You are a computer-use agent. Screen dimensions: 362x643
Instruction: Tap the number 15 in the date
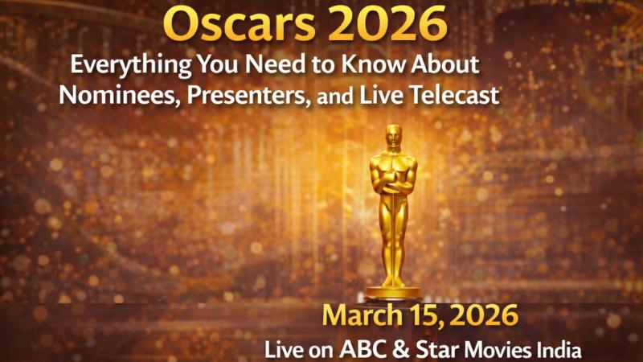tap(423, 316)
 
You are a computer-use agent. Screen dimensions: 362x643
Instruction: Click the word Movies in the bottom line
tap(490, 349)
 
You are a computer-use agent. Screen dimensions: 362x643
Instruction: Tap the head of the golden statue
tap(394, 138)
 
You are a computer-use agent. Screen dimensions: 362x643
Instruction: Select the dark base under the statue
tap(394, 291)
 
